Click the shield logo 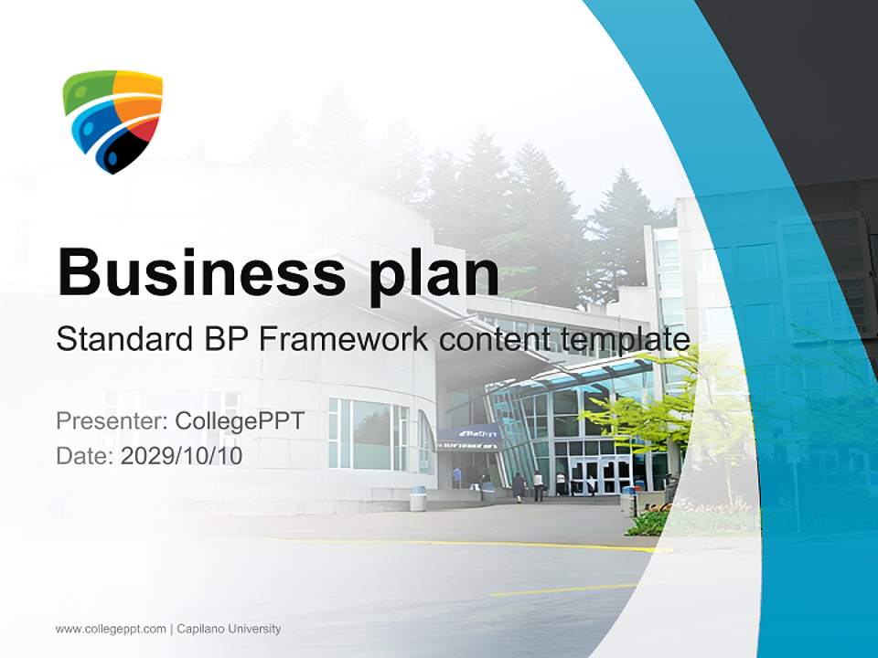[112, 120]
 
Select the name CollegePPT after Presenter [240, 421]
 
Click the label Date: [84, 455]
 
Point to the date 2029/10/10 [182, 455]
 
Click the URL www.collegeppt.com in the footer [111, 629]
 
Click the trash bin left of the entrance [418, 498]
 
